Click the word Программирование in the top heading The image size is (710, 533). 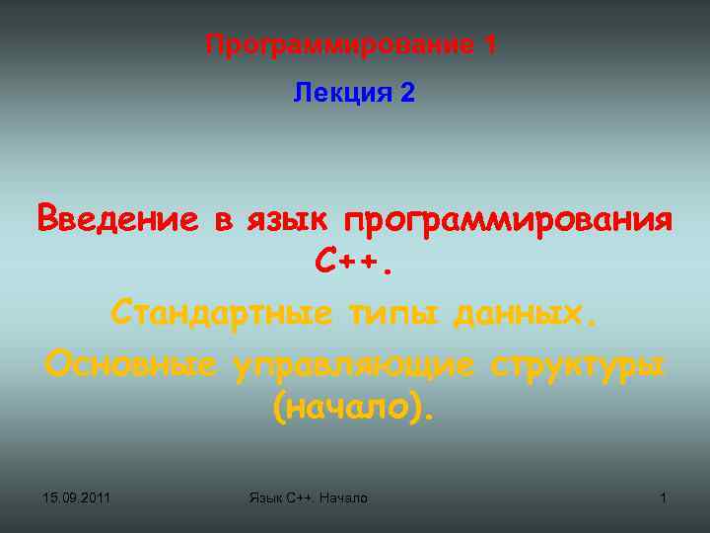click(x=340, y=44)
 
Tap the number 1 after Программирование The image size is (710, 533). click(x=490, y=44)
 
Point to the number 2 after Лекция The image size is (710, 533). click(x=408, y=94)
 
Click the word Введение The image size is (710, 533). click(x=117, y=217)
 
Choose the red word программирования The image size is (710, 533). click(x=507, y=217)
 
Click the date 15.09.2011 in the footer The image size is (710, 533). click(x=77, y=498)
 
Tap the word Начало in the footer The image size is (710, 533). click(x=340, y=498)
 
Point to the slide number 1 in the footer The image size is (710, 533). click(x=663, y=498)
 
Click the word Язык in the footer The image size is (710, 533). click(x=266, y=498)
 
